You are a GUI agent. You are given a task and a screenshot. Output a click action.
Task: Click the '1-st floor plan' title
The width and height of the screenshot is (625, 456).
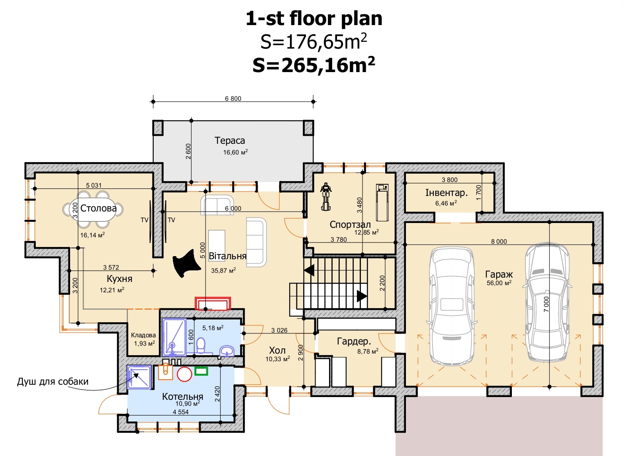(314, 19)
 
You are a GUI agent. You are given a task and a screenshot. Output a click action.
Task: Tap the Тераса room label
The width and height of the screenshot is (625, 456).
(229, 141)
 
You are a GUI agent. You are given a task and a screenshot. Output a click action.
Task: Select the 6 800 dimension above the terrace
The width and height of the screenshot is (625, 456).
(233, 98)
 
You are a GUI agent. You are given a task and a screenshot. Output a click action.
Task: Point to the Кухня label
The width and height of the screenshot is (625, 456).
(120, 279)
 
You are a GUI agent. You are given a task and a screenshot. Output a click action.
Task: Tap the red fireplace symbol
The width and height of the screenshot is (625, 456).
(213, 303)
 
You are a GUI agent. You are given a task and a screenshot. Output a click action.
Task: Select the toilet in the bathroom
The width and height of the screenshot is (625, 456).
(201, 346)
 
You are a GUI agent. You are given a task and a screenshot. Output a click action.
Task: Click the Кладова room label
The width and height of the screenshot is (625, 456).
(143, 335)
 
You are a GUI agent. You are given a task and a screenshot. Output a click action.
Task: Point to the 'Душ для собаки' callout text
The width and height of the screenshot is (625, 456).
(53, 382)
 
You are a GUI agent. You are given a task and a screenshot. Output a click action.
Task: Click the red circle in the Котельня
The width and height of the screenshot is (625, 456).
(184, 374)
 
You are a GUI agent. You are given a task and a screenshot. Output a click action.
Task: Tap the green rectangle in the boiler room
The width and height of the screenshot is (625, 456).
(201, 371)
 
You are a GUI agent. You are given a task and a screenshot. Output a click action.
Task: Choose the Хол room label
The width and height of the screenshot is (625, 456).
(277, 350)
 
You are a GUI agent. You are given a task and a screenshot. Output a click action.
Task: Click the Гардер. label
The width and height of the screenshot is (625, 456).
(354, 341)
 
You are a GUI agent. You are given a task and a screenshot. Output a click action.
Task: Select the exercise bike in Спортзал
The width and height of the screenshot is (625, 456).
(325, 196)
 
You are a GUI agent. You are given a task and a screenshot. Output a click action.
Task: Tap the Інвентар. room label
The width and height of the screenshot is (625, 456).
(447, 193)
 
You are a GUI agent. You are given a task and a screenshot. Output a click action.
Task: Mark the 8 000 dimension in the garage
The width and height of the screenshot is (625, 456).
(499, 241)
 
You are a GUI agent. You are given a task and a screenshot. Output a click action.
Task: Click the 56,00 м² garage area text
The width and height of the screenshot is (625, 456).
(499, 283)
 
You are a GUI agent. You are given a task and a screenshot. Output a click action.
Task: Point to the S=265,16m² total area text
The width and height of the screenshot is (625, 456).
(314, 65)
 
